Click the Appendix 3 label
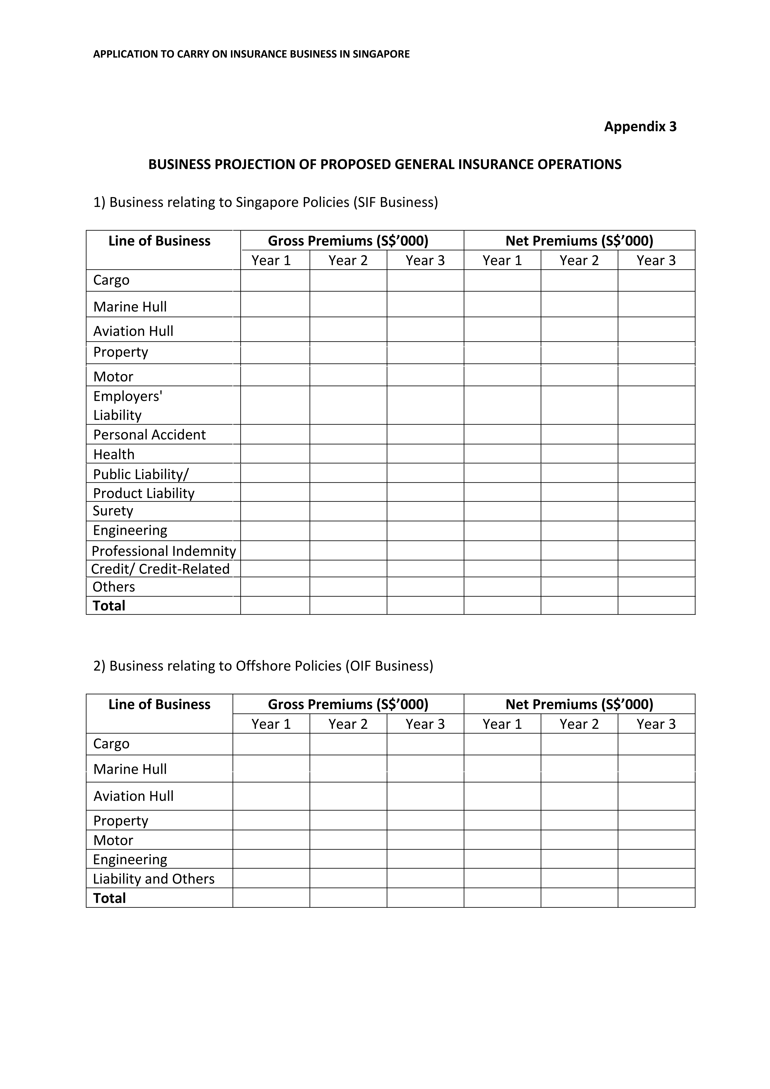pyautogui.click(x=640, y=127)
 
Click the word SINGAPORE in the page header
pyautogui.click(x=381, y=54)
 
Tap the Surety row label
pyautogui.click(x=113, y=511)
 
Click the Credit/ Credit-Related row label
pyautogui.click(x=160, y=569)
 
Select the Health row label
pyautogui.click(x=114, y=454)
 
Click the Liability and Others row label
pyautogui.click(x=154, y=879)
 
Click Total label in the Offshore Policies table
pyautogui.click(x=110, y=898)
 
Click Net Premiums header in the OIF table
pyautogui.click(x=579, y=704)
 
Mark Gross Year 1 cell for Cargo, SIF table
pyautogui.click(x=275, y=280)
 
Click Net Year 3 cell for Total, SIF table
pyautogui.click(x=656, y=606)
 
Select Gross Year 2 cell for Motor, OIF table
pyautogui.click(x=348, y=840)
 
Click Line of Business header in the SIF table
pyautogui.click(x=159, y=241)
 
